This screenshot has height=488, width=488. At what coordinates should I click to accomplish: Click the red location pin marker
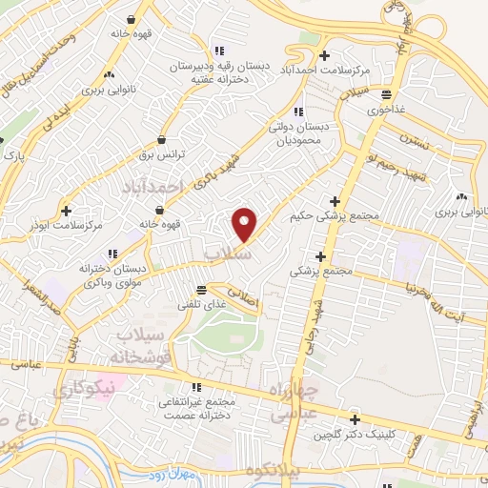pos(245,224)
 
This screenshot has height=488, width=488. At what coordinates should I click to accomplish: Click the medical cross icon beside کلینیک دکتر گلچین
pos(355,419)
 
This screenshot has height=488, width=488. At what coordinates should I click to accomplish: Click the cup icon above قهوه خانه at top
pos(130,18)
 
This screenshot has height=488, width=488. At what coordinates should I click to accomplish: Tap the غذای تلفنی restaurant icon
pos(200,290)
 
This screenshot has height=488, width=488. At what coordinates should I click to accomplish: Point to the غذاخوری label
pos(387,109)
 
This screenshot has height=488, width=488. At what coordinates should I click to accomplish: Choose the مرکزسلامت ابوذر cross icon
pos(66,210)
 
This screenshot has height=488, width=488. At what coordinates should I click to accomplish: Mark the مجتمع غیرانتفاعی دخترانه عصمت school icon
pos(196,387)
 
